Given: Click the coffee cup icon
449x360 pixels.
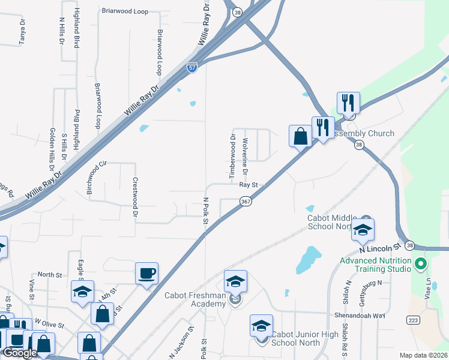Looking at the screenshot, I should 146,274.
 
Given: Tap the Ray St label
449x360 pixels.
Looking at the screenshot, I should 248,185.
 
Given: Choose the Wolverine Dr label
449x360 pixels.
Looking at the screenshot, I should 245,157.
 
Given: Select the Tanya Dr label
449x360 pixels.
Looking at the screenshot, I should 22,30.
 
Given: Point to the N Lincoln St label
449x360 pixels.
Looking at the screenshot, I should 379,247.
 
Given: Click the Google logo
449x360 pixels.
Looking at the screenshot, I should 20,353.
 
